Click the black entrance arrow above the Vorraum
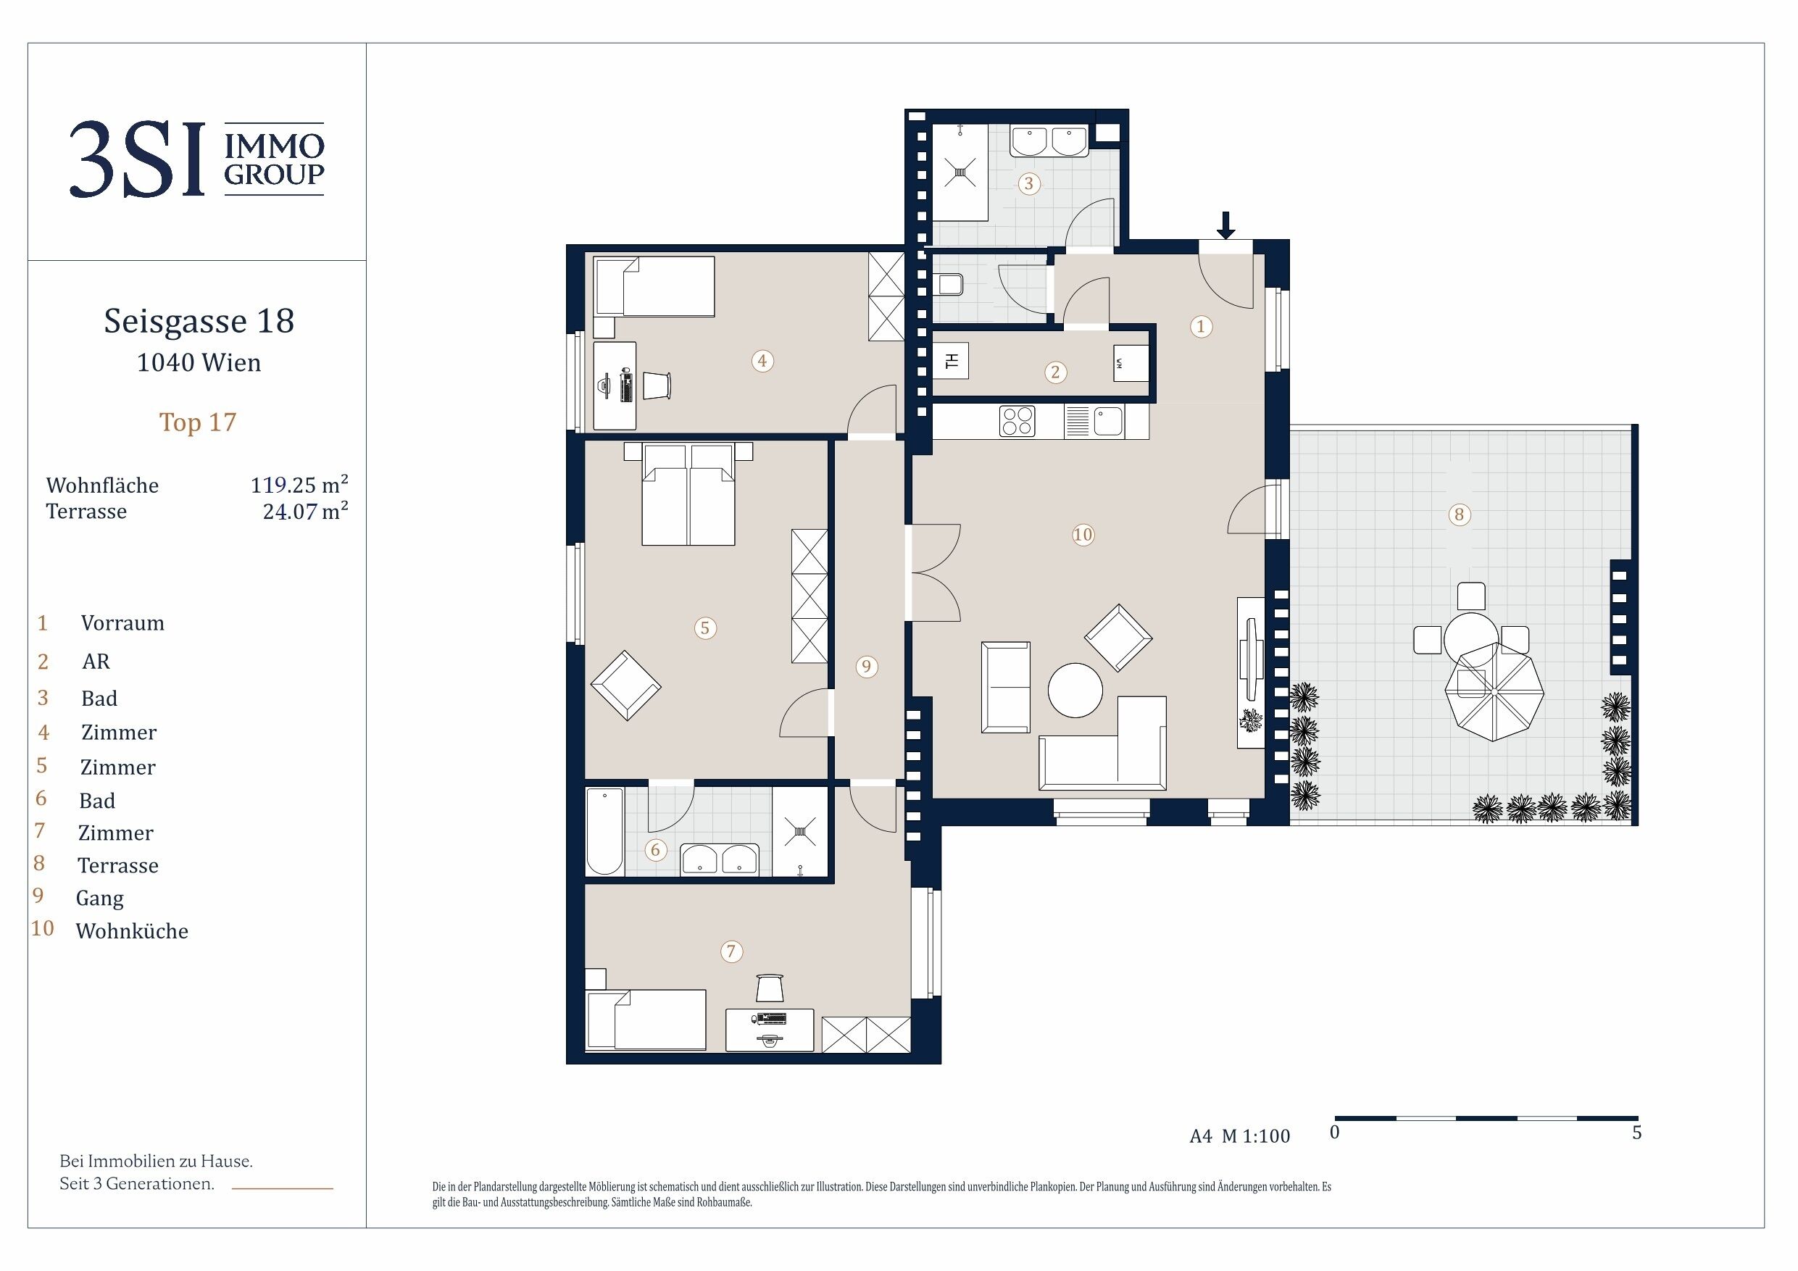click(x=1225, y=225)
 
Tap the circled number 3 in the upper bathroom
click(x=1028, y=184)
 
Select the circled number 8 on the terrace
click(x=1458, y=514)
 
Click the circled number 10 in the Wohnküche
click(x=1082, y=535)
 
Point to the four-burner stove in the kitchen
click(x=1017, y=421)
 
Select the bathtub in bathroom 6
click(x=604, y=831)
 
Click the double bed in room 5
click(x=688, y=494)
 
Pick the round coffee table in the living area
click(x=1075, y=690)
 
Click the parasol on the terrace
click(x=1494, y=691)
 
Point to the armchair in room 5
click(x=625, y=686)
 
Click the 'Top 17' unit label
click(x=197, y=422)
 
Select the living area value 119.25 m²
click(x=299, y=485)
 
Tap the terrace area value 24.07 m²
click(x=305, y=512)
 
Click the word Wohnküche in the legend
click(x=133, y=931)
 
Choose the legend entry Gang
click(x=99, y=899)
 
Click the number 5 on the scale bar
click(x=1636, y=1133)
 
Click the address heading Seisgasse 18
click(x=199, y=321)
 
